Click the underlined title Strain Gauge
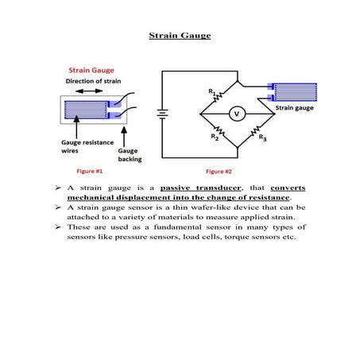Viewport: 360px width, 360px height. tap(179, 35)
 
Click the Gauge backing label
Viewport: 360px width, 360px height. tap(130, 154)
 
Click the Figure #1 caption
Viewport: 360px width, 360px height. tap(89, 171)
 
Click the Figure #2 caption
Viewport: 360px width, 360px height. tap(219, 171)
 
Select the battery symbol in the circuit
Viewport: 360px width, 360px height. tap(161, 113)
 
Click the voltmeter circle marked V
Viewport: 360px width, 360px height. tap(235, 114)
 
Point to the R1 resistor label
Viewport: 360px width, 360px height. tap(212, 92)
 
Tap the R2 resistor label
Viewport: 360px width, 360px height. tap(214, 137)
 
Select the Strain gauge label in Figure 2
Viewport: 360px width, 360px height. tap(294, 106)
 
